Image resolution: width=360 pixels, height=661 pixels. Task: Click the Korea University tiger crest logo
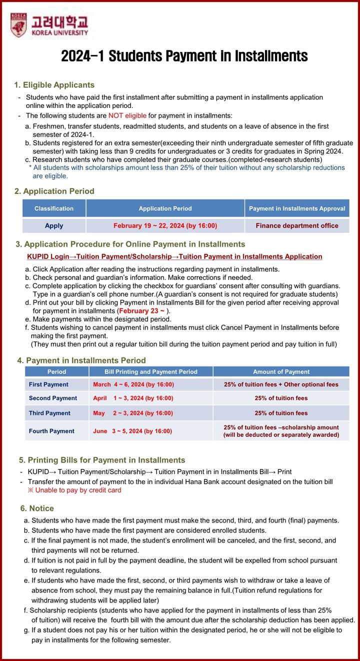coord(19,25)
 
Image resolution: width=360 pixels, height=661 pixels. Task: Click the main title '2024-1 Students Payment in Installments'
coord(184,55)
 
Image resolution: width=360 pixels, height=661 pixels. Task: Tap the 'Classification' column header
coord(54,208)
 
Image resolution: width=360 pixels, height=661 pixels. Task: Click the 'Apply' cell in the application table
coord(54,225)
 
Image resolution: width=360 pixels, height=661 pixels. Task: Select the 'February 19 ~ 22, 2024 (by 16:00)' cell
coord(165,225)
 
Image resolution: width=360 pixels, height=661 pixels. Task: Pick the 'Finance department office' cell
coord(297,225)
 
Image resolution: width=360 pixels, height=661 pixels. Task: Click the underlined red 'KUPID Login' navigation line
coord(174,256)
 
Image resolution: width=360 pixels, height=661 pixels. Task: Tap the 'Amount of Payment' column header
coord(281,371)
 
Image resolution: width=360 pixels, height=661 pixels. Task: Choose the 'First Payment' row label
coord(48,384)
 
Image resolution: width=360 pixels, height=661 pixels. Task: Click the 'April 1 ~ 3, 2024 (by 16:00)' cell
coord(133,398)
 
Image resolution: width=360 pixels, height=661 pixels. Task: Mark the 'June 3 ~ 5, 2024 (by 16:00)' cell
coord(132,431)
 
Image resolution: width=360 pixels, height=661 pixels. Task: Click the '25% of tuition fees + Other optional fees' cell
coord(281,384)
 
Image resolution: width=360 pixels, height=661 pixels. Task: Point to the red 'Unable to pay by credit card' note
coord(75,490)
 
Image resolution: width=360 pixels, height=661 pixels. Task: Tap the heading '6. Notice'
coord(37,508)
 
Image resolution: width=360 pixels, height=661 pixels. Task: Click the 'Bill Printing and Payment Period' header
coord(150,371)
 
